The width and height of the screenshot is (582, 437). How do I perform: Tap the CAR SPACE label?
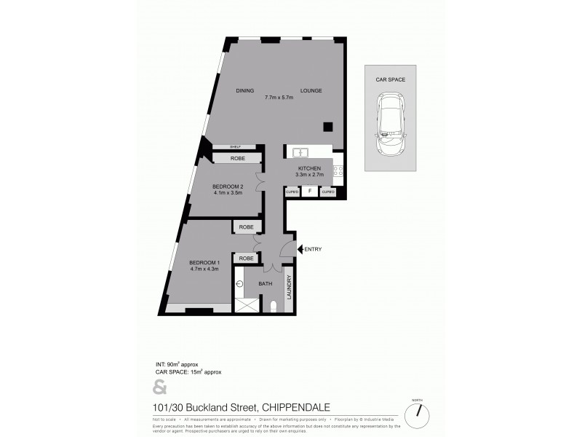(390, 78)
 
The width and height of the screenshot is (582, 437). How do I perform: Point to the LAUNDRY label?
(288, 286)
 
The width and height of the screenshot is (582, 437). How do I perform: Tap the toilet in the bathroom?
(272, 306)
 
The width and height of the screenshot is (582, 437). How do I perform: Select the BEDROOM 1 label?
(204, 262)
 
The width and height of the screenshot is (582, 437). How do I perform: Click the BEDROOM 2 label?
(228, 186)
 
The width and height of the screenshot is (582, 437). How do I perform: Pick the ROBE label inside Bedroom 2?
(237, 158)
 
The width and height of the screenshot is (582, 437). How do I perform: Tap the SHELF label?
(235, 146)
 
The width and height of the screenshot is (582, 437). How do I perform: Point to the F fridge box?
(310, 192)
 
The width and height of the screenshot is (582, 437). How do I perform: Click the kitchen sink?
(301, 152)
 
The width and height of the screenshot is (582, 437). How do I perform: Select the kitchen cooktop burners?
(338, 172)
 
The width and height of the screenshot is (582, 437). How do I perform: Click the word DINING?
(245, 90)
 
